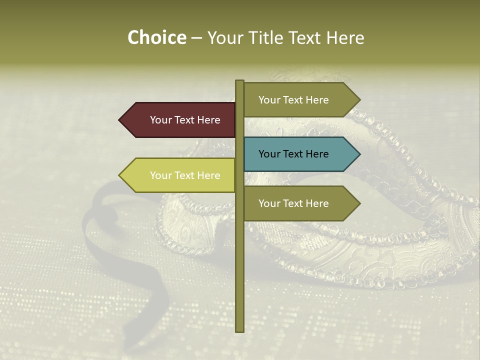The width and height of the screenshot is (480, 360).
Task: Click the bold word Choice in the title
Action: point(156,38)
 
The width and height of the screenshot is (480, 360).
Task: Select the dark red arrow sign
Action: point(180,120)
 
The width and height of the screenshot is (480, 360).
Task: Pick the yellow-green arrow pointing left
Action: point(180,175)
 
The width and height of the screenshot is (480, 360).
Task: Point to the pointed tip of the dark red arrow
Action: point(120,120)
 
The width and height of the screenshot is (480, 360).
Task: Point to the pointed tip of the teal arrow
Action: point(359,154)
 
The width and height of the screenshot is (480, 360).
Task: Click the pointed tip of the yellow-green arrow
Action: point(120,175)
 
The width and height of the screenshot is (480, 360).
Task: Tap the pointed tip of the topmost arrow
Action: point(359,100)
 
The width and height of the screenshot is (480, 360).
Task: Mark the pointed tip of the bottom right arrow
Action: point(359,203)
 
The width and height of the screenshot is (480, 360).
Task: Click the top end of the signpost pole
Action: point(239,81)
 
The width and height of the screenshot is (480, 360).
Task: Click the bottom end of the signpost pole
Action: point(239,330)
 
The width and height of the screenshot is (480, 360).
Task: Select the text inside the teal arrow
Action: point(293,154)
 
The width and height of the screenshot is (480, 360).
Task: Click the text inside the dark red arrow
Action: point(185,120)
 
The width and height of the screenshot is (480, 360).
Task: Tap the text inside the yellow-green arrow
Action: point(185,175)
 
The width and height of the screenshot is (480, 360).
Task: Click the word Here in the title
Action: point(345,38)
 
